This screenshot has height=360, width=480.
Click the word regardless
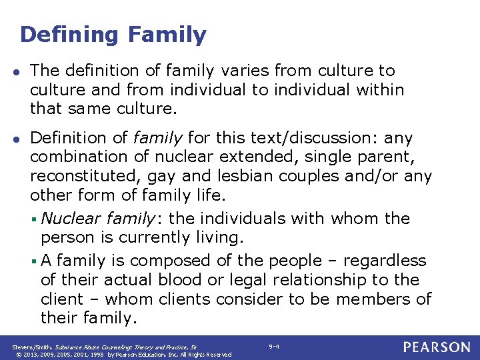(385, 260)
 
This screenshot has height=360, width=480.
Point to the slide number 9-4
(274, 347)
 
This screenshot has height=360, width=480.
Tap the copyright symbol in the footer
(15, 355)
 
